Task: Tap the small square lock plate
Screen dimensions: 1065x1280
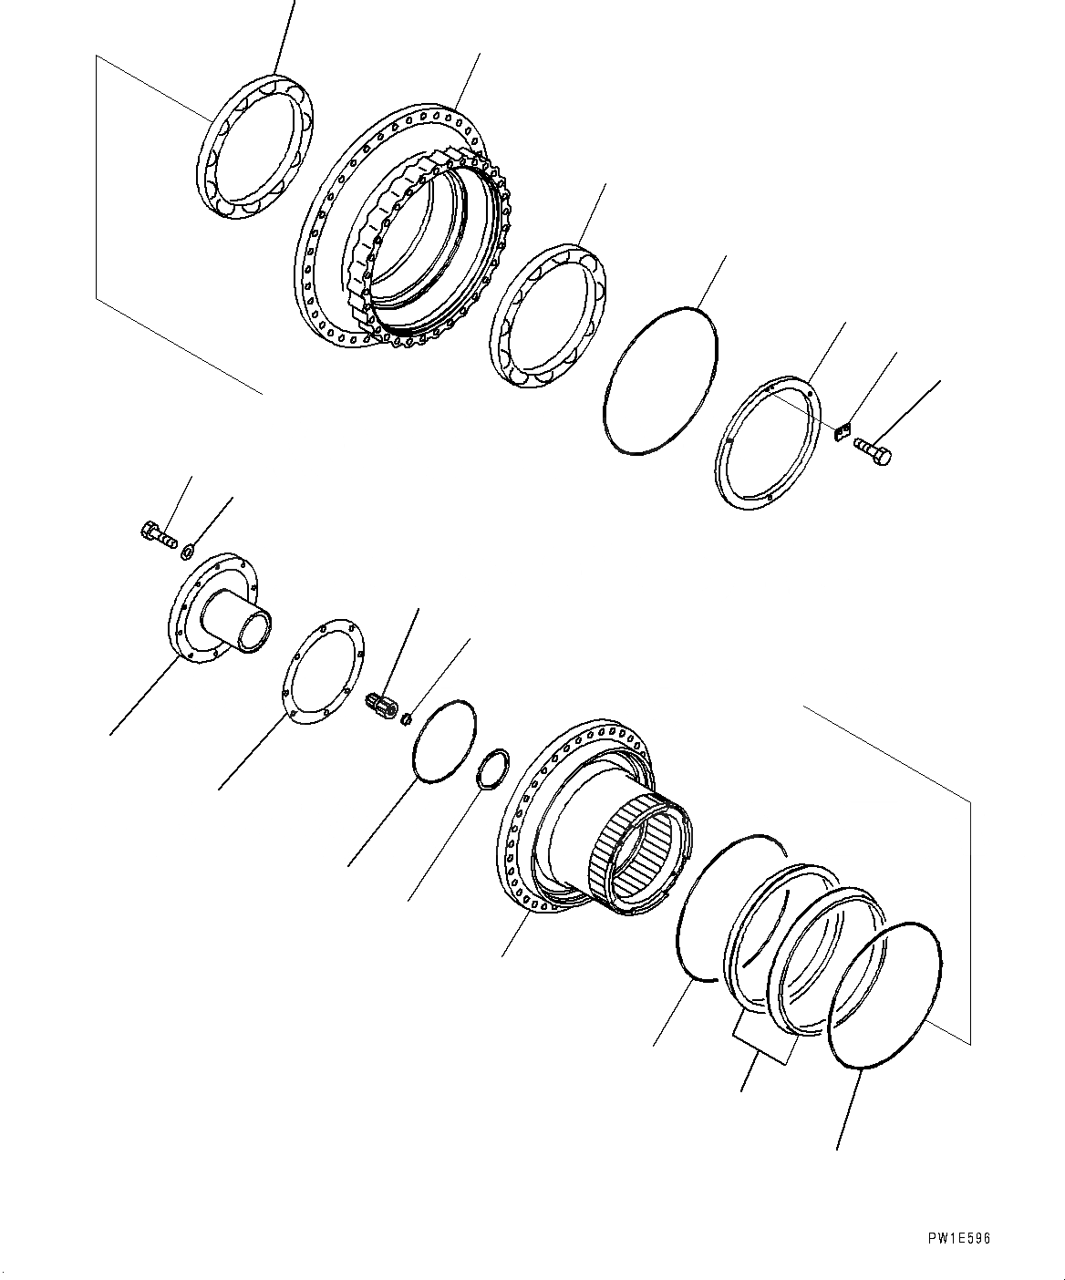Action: pyautogui.click(x=843, y=431)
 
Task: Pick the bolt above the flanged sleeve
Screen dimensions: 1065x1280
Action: pyautogui.click(x=158, y=534)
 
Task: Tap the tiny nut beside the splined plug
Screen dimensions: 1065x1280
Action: pyautogui.click(x=405, y=717)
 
